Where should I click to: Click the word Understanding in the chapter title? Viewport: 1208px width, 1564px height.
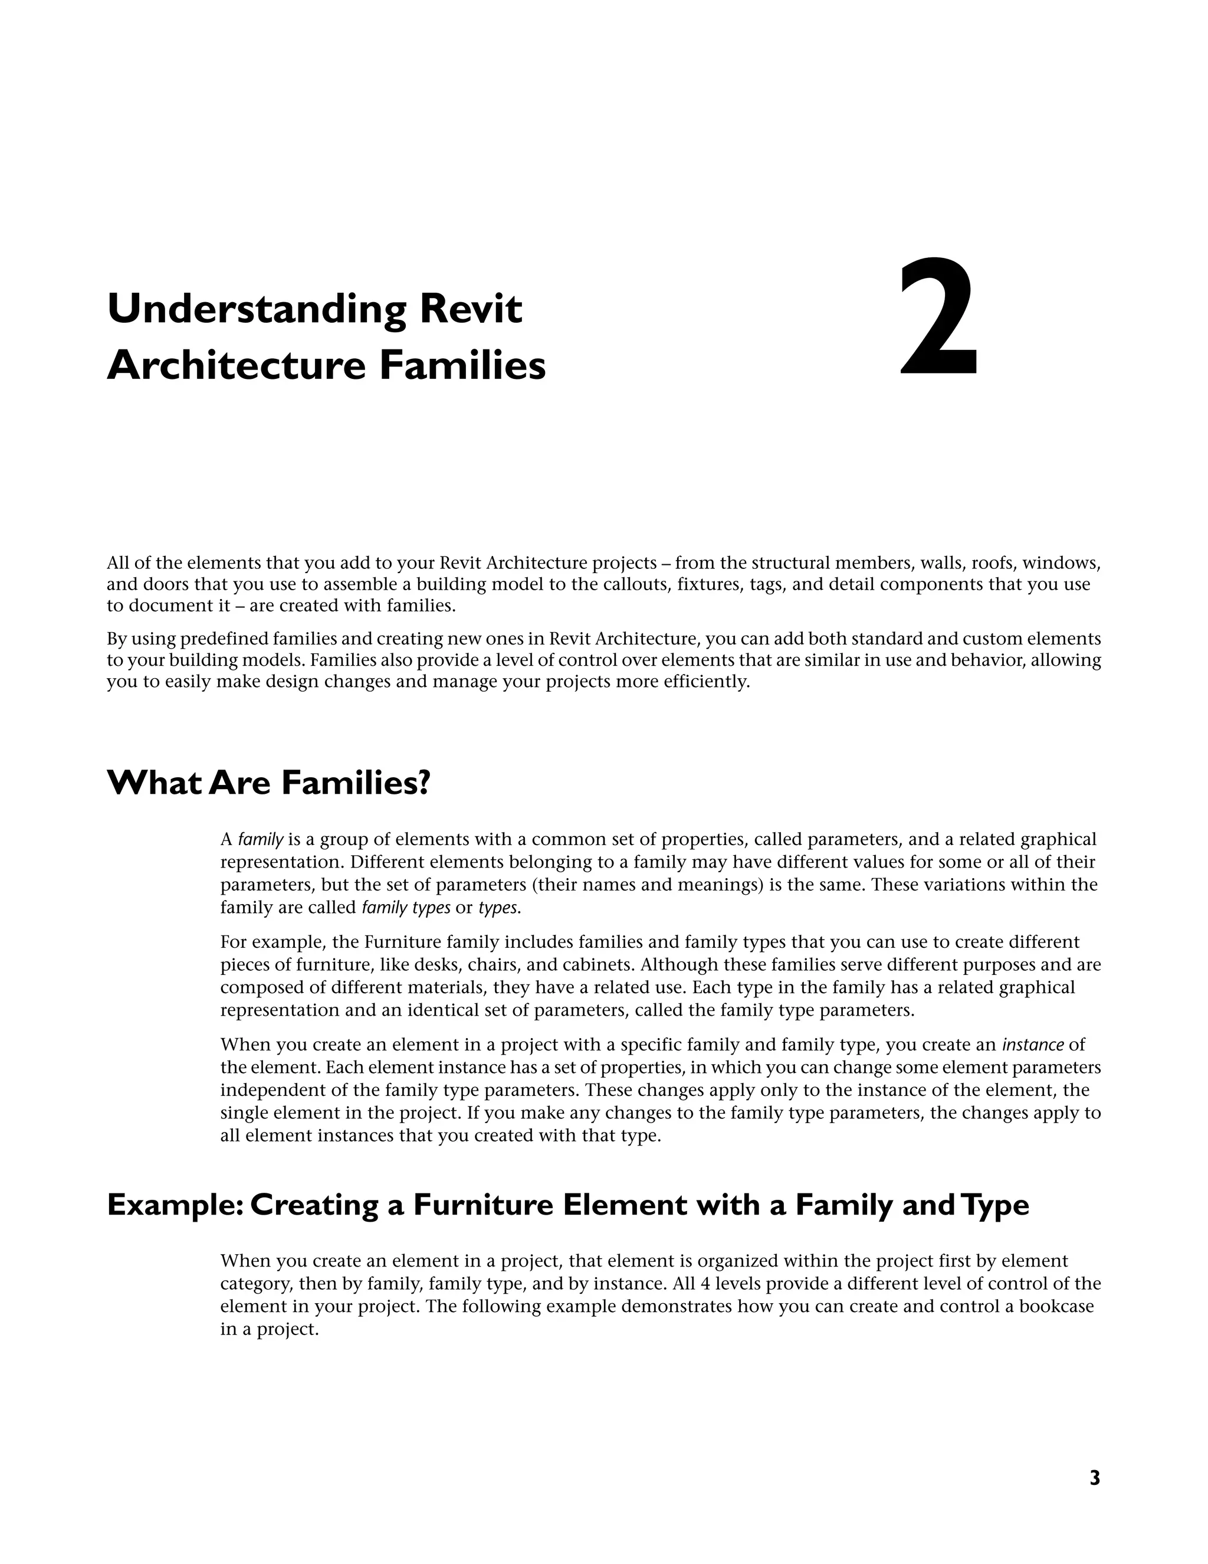click(256, 309)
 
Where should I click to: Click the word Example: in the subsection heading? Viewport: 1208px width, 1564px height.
click(175, 1205)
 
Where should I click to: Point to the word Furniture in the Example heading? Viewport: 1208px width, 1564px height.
click(483, 1205)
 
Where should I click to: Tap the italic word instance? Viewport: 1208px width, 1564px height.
click(1032, 1045)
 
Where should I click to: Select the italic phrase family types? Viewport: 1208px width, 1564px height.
click(406, 908)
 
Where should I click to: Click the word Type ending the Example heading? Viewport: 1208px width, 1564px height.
click(996, 1205)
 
